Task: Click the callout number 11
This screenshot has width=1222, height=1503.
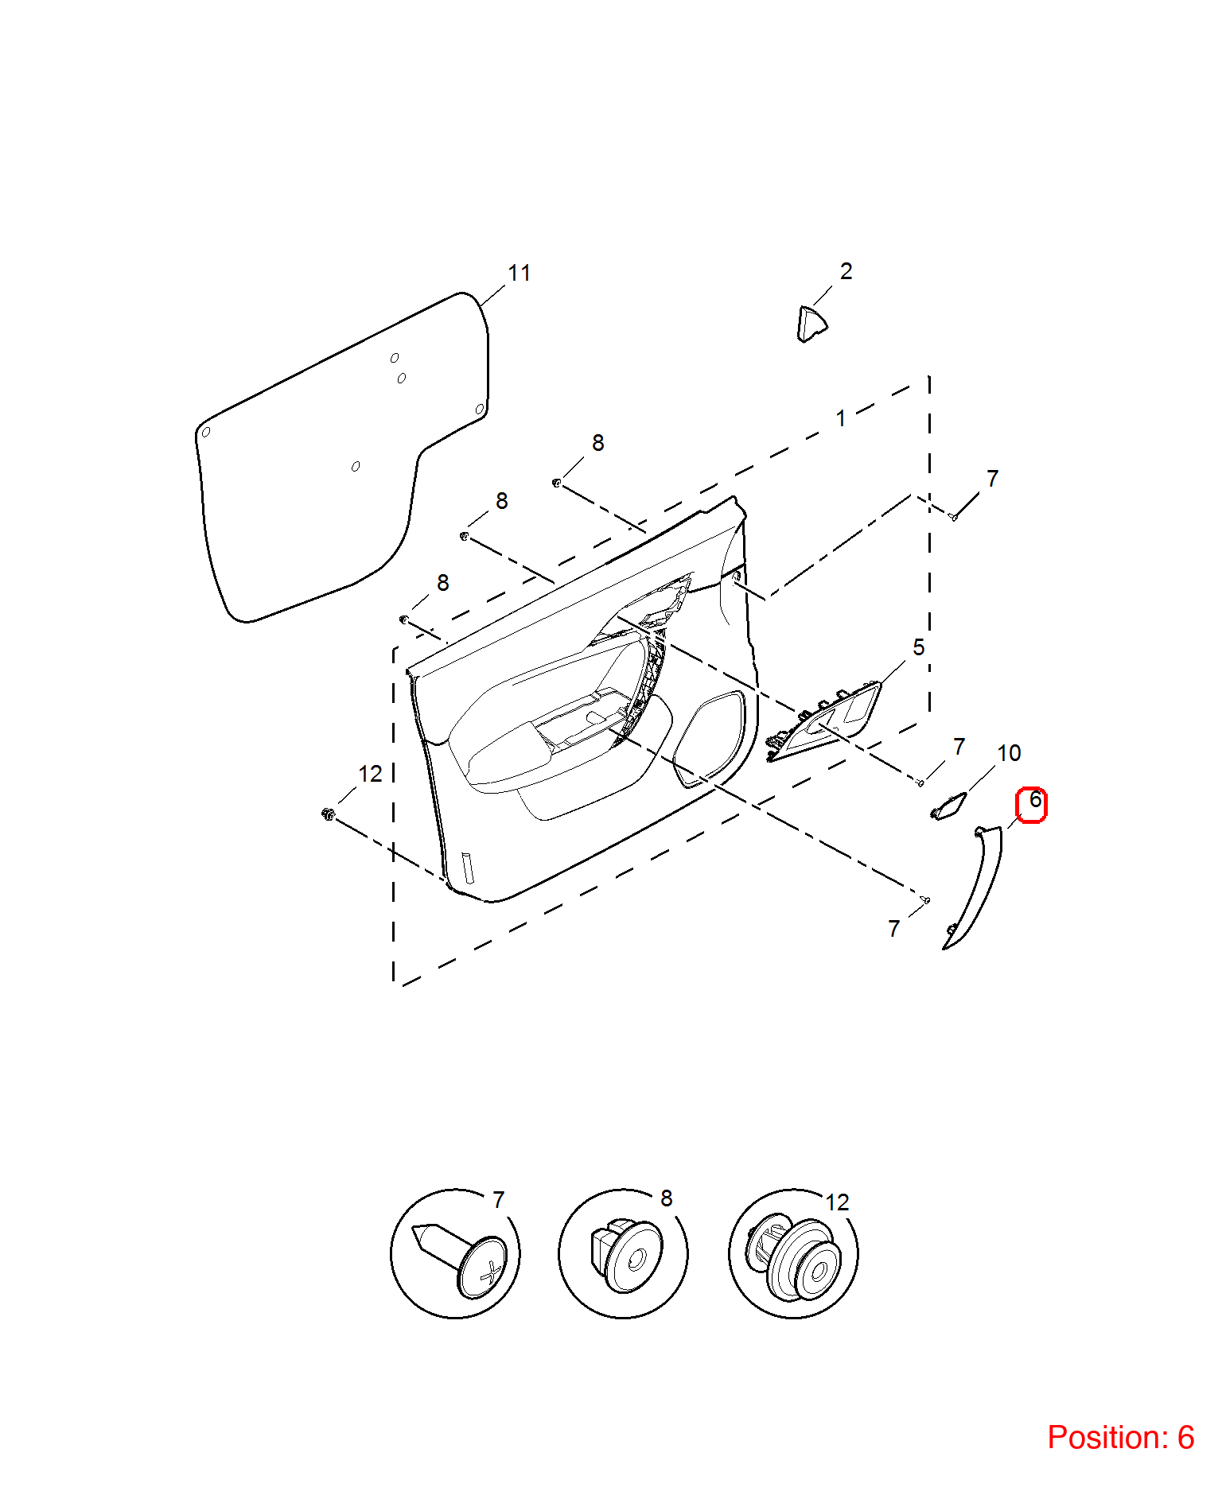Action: pyautogui.click(x=520, y=274)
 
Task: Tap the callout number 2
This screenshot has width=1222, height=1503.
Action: pyautogui.click(x=846, y=272)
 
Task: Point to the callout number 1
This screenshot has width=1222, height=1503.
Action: pyautogui.click(x=841, y=418)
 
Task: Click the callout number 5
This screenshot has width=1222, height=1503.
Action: pyautogui.click(x=919, y=648)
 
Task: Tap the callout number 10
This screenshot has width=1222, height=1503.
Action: pyautogui.click(x=1009, y=753)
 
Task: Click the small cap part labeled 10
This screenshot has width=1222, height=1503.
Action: pyautogui.click(x=948, y=806)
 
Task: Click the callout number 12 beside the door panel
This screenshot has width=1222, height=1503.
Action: pyautogui.click(x=370, y=774)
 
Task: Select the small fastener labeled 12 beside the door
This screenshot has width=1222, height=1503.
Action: pyautogui.click(x=327, y=814)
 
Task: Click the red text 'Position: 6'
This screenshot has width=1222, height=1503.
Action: pyautogui.click(x=1120, y=1438)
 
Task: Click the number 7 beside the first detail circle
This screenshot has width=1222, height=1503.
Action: pyautogui.click(x=498, y=1200)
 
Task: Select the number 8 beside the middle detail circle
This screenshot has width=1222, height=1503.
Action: pyautogui.click(x=667, y=1198)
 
